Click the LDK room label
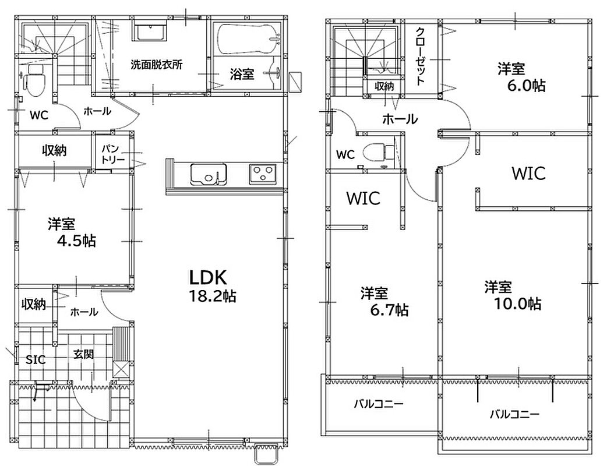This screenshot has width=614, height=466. [208, 277]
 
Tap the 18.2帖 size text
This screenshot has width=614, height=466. [213, 296]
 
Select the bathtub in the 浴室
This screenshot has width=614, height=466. [248, 40]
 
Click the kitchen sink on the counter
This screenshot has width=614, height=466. [209, 174]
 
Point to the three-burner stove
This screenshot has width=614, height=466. [262, 174]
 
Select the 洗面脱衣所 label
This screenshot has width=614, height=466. [156, 65]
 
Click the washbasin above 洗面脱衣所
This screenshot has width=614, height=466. [151, 32]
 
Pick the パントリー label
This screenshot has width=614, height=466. [113, 154]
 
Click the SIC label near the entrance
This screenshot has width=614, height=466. [36, 359]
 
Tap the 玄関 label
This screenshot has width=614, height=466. [84, 354]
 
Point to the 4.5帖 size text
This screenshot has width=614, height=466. [76, 241]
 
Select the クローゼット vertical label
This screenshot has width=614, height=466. [421, 56]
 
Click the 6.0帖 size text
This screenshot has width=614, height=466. [526, 86]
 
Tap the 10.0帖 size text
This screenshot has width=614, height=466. [518, 303]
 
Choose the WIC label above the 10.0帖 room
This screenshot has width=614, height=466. [528, 173]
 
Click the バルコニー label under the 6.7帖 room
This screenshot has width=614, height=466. [378, 403]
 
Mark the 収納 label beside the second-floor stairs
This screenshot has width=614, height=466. [384, 86]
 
